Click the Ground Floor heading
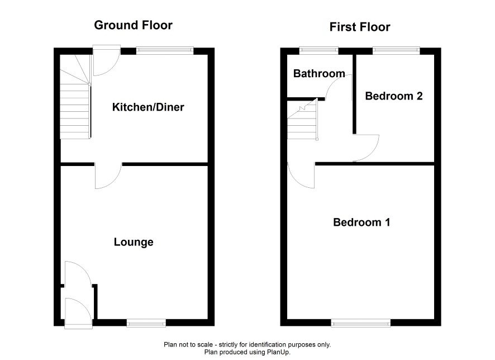pyautogui.click(x=133, y=25)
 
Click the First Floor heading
pyautogui.click(x=360, y=27)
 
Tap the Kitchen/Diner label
pyautogui.click(x=148, y=107)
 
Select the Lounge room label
pyautogui.click(x=134, y=242)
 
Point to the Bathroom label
pyautogui.click(x=319, y=74)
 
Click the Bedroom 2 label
pyautogui.click(x=394, y=96)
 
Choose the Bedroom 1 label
pyautogui.click(x=361, y=222)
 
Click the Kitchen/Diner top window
pyautogui.click(x=165, y=50)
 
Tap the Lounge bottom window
pyautogui.click(x=146, y=323)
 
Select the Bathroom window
pyautogui.click(x=318, y=50)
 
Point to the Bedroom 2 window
pyautogui.click(x=396, y=50)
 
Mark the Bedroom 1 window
pyautogui.click(x=360, y=323)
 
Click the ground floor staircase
pyautogui.click(x=75, y=97)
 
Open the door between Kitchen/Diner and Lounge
pyautogui.click(x=108, y=176)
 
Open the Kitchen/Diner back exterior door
pyautogui.click(x=107, y=60)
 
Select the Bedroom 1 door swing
pyautogui.click(x=301, y=176)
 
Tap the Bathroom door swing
pyautogui.click(x=339, y=87)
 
